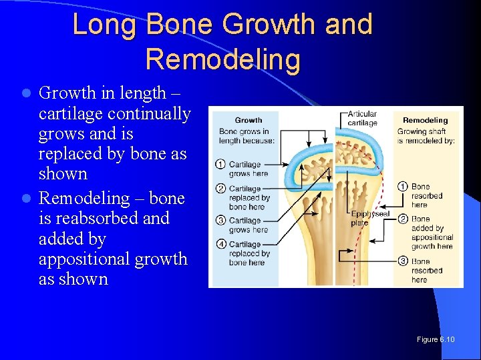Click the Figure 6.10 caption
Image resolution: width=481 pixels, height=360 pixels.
click(x=436, y=339)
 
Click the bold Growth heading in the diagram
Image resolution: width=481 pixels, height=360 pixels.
click(x=249, y=120)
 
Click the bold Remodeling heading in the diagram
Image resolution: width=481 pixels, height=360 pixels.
click(x=425, y=121)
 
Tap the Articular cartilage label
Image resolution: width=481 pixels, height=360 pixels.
click(x=362, y=119)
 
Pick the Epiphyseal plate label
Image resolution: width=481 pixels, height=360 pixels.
click(x=369, y=218)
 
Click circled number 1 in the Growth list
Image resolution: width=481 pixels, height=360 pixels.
click(x=220, y=165)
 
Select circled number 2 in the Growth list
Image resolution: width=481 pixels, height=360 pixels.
click(x=220, y=189)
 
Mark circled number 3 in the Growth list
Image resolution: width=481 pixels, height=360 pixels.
click(x=220, y=221)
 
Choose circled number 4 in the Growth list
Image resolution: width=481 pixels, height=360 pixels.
click(x=220, y=244)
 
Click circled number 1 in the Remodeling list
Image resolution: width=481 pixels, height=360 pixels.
click(x=403, y=187)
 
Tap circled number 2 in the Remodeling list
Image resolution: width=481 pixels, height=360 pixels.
click(x=403, y=219)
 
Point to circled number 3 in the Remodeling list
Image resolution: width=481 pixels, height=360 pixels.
click(x=403, y=261)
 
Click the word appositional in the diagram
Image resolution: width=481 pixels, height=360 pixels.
click(x=432, y=237)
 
